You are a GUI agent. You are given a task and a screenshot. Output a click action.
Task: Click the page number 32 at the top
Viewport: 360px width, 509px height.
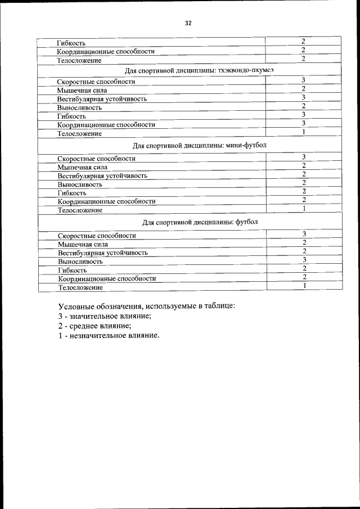tap(188, 23)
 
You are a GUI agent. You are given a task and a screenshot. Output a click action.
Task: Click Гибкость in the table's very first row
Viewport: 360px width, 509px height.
tap(71, 43)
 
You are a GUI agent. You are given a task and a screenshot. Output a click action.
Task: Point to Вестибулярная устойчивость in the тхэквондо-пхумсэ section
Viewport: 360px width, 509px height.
tap(102, 99)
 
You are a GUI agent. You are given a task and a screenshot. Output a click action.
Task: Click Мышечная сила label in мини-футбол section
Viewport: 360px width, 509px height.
tap(82, 167)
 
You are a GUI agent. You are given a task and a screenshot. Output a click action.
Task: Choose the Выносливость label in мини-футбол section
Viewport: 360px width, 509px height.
tap(80, 184)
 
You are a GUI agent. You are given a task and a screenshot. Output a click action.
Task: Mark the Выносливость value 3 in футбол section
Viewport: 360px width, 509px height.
tap(303, 260)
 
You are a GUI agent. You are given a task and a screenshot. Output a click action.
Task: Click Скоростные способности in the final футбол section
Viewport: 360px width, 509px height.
tap(97, 236)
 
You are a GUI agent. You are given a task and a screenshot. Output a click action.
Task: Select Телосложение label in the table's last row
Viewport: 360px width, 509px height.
tap(80, 287)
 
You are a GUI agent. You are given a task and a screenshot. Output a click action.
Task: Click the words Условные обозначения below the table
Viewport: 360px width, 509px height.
tap(100, 307)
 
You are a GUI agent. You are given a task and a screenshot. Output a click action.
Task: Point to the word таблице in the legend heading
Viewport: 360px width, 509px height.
tap(218, 307)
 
